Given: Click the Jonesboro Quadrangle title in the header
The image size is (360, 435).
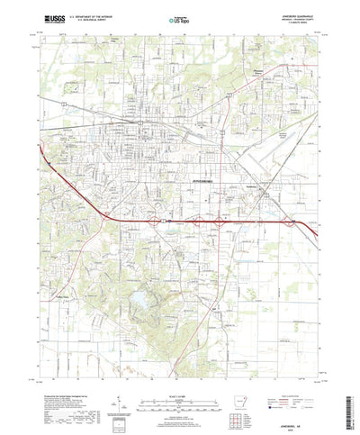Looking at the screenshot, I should pyautogui.click(x=289, y=14).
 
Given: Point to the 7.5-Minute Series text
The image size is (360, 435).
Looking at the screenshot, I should pyautogui.click(x=294, y=23).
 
